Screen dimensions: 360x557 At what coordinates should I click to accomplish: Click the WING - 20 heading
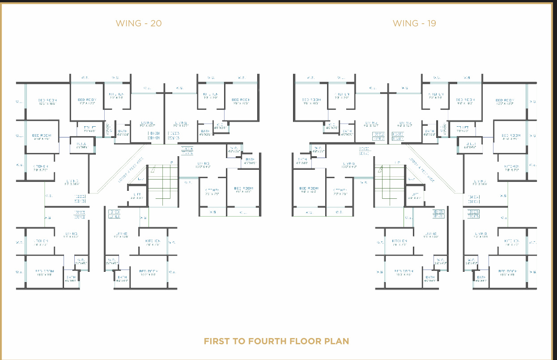pos(139,23)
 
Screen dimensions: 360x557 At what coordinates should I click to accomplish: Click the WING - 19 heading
pos(414,23)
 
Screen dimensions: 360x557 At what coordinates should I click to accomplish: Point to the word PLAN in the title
pos(336,341)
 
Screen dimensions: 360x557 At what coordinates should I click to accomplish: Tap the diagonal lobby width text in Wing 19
pos(421,169)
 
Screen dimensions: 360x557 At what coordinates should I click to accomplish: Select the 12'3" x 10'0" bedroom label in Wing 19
pos(505,102)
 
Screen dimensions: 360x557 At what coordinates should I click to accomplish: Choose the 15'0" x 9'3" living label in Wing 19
pos(349,165)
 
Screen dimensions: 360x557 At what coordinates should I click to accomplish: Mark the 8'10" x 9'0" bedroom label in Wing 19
pos(510,137)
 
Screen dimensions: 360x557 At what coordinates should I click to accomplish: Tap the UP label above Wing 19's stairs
pos(397,162)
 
